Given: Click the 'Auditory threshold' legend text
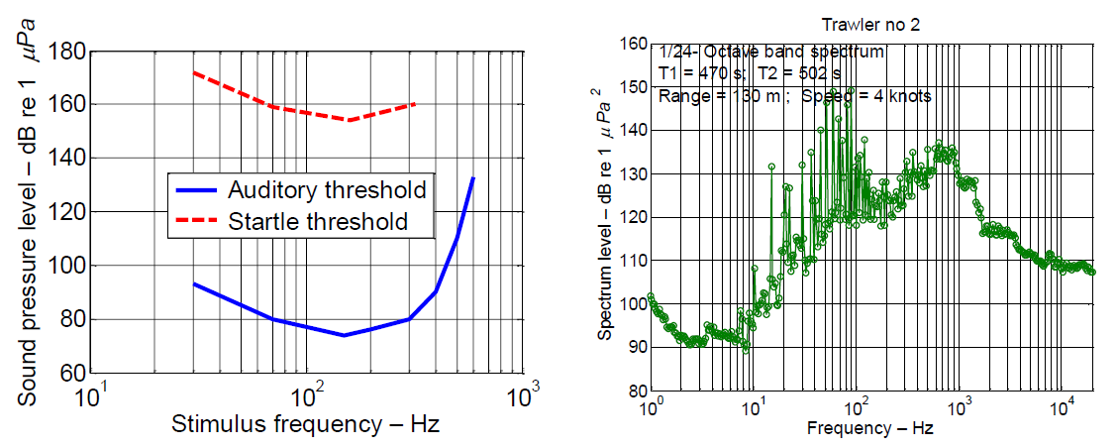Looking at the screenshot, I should click(x=328, y=189).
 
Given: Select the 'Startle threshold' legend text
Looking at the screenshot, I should click(x=317, y=221).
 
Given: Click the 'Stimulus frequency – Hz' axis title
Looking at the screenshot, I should click(x=306, y=425).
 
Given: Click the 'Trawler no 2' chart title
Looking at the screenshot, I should click(x=871, y=24).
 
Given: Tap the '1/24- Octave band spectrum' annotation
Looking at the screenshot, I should click(x=771, y=51).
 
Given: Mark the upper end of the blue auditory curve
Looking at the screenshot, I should click(x=473, y=177).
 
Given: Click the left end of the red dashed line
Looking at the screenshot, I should click(x=194, y=72).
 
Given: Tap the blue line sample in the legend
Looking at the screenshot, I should click(x=198, y=189).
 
